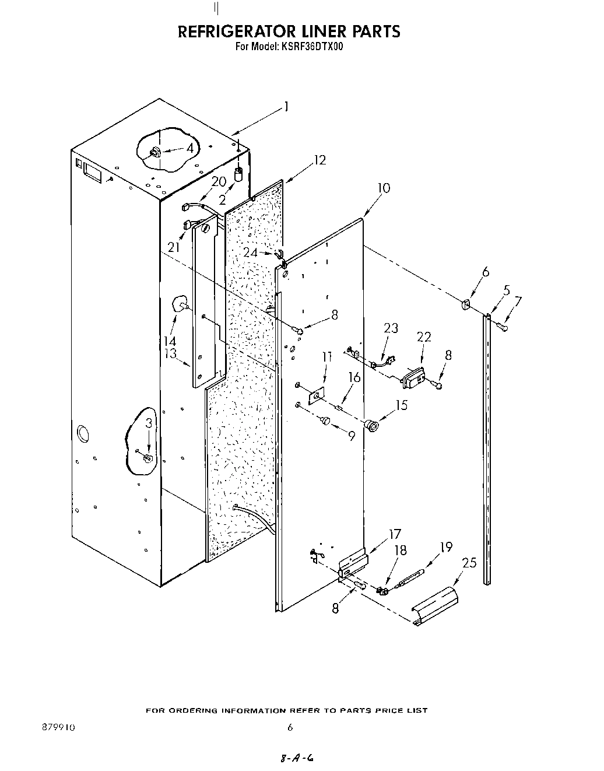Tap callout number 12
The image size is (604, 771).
coord(319,160)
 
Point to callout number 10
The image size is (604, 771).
coord(384,188)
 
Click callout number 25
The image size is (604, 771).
coord(469,563)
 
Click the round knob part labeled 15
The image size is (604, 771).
coord(372,425)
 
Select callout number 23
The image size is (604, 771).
coord(391,328)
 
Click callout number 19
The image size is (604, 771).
coord(446,547)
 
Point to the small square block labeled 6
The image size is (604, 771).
coord(466,303)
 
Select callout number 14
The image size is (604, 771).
coord(170,341)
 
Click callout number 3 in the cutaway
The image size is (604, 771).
coord(149,423)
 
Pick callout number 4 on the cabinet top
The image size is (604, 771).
coord(190,149)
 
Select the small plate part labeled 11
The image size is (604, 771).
coord(316,396)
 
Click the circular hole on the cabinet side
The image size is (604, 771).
coord(83,434)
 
